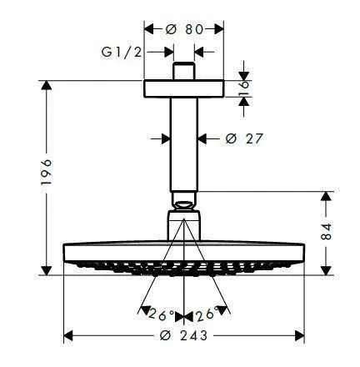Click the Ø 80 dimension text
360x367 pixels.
[x=184, y=28]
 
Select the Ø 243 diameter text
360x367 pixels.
[x=184, y=336]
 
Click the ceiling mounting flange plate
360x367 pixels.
[x=184, y=88]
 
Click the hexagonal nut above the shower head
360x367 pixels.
[x=184, y=225]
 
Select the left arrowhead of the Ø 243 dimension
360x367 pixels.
[x=68, y=336]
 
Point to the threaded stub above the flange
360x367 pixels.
[x=184, y=69]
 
